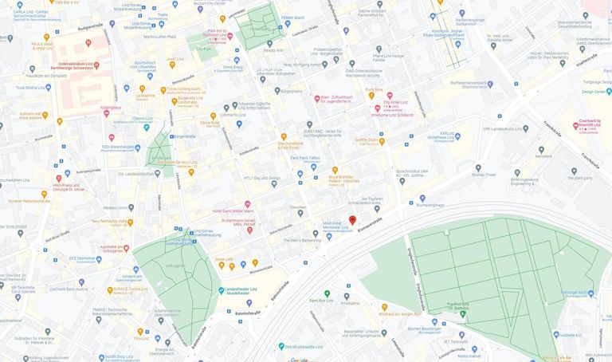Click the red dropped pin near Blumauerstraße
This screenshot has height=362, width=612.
click(352, 220)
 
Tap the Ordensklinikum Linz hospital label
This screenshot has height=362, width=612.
click(76, 65)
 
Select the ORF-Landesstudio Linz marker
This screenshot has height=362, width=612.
click(525, 128)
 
